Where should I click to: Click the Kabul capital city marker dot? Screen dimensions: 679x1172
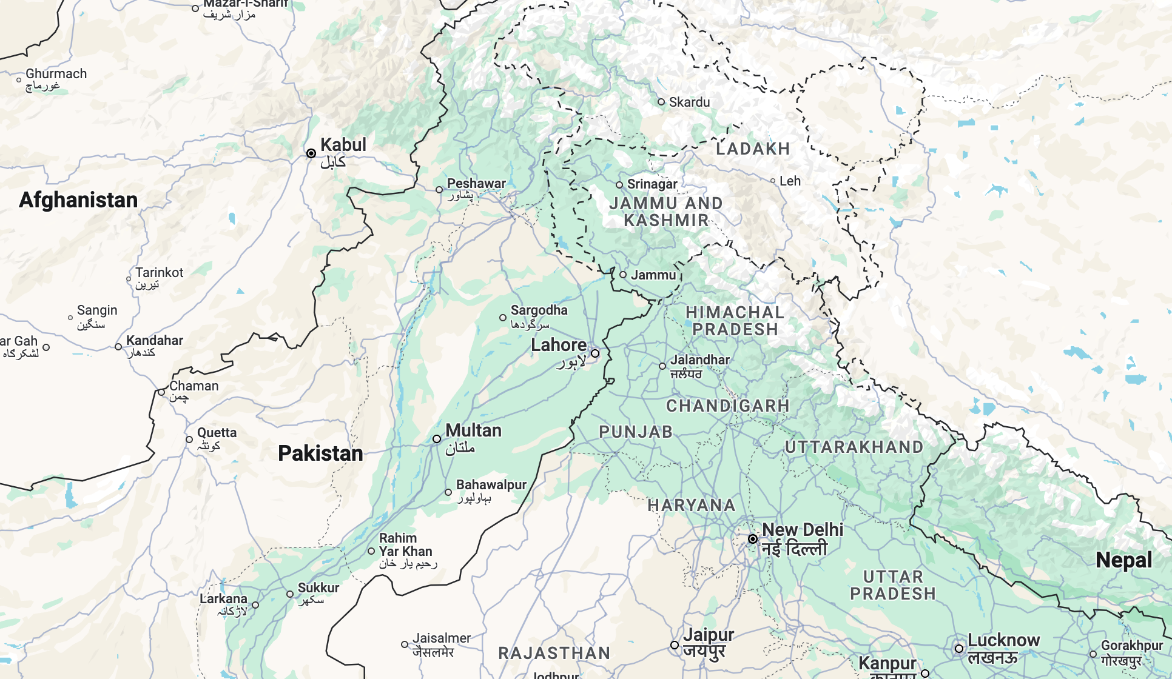coord(311,153)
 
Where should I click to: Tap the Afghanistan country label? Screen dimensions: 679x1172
coord(78,200)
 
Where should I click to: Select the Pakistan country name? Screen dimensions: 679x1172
coord(320,453)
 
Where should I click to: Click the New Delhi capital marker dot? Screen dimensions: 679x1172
coord(753,539)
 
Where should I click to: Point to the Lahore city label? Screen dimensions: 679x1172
coord(559,346)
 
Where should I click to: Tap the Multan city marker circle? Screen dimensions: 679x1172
coord(437,439)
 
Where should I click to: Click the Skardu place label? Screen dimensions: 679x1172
coord(689,102)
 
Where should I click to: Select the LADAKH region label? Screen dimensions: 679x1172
coord(753,149)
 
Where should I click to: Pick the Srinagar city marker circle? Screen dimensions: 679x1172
coord(619,185)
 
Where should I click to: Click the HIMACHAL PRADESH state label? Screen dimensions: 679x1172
coord(735,321)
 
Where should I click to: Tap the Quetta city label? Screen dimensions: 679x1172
coord(217,433)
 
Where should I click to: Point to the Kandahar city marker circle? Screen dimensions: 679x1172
coord(118,347)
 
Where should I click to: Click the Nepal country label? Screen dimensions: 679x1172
coord(1123,560)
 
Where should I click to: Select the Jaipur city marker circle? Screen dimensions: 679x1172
coord(675,645)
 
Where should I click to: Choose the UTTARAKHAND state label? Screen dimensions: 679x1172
coord(854,447)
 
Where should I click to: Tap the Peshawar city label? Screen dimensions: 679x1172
coord(476,183)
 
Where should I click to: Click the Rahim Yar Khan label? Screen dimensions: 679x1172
coord(405,545)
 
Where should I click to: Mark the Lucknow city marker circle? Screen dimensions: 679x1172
coord(959,648)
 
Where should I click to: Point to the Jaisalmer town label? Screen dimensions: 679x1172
coord(442,638)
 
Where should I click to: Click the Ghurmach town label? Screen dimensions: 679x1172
coord(56,74)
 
